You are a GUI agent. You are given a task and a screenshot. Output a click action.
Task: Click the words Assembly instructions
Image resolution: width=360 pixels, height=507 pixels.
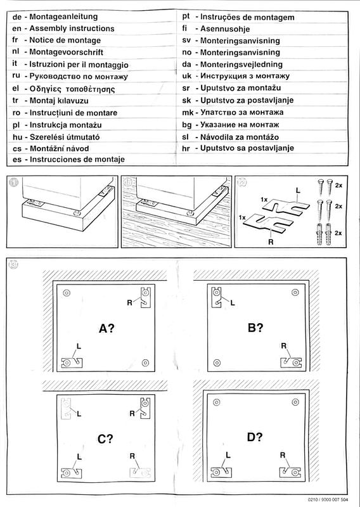pos(72,29)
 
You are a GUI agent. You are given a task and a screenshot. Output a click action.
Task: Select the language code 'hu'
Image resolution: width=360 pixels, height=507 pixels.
pos(18,137)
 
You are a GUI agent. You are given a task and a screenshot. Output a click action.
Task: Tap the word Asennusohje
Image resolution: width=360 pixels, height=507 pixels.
pos(225,29)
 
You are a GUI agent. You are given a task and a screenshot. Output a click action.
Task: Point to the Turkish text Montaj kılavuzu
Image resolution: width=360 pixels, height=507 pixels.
pos(59,101)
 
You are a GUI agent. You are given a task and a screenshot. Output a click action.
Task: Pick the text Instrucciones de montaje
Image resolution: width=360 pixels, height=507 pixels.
pos(77,160)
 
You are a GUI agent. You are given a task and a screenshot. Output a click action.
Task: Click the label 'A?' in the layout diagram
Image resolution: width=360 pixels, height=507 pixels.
pos(106,328)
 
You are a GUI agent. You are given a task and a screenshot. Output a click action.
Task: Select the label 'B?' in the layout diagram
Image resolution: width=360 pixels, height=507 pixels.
pos(255,328)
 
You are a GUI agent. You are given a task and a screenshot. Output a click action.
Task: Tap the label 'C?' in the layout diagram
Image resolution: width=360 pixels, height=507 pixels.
pos(105,439)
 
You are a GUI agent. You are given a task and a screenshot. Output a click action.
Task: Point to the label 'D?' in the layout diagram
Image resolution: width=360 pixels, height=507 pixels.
pos(255,437)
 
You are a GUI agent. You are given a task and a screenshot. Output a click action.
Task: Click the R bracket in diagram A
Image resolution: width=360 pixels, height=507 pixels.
pos(146,297)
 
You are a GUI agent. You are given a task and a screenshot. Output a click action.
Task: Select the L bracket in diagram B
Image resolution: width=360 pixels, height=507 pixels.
pos(216,297)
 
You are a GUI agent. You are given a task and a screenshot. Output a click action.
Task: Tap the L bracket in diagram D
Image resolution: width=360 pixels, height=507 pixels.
pos(221,472)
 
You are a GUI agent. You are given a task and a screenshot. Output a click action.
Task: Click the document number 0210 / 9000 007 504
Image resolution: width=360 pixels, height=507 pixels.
pos(328,499)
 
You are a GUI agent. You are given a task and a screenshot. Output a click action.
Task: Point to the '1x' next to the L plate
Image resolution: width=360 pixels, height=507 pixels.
pos(264,200)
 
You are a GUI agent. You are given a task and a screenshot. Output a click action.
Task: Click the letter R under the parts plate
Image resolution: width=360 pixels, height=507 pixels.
pos(271,241)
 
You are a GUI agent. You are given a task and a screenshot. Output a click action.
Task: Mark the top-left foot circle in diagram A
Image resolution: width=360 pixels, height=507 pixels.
pos(67,293)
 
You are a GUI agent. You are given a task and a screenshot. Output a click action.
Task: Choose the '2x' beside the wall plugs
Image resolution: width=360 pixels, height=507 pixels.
pos(338,233)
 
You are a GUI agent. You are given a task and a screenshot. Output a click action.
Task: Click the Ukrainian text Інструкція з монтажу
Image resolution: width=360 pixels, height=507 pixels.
pos(245,76)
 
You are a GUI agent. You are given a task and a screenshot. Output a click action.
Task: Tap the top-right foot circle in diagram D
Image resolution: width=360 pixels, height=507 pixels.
pos(295,402)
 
